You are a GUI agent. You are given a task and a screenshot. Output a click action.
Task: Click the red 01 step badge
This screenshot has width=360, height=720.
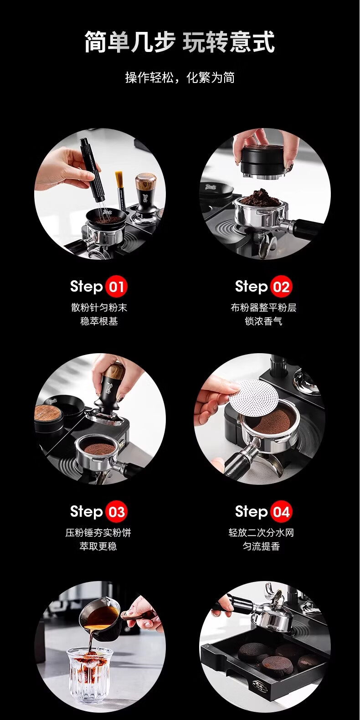[116, 286]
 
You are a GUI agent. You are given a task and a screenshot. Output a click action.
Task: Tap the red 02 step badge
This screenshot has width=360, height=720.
[281, 286]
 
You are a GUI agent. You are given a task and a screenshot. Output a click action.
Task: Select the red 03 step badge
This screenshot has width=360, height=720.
[116, 511]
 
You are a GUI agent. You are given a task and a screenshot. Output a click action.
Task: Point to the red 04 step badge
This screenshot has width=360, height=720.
[281, 511]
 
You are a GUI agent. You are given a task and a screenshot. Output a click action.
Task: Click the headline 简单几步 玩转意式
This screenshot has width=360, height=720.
[180, 42]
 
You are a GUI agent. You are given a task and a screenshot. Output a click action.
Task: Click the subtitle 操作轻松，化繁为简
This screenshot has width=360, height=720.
[180, 77]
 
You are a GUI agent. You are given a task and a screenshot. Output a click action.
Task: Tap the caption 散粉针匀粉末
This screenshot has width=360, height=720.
[99, 308]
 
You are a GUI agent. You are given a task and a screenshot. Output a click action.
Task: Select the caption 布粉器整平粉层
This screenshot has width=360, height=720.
[263, 308]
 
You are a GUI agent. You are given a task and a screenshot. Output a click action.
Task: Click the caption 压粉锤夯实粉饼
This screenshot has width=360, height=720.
[98, 533]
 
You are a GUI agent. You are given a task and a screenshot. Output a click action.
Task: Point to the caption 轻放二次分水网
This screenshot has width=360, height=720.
[261, 533]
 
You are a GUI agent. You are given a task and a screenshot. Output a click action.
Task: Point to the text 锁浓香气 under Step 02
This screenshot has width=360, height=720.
[263, 321]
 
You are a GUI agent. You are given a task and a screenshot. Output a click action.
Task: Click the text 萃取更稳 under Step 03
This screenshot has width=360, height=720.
[98, 546]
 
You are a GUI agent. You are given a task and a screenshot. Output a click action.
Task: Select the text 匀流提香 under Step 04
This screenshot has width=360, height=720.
[261, 546]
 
